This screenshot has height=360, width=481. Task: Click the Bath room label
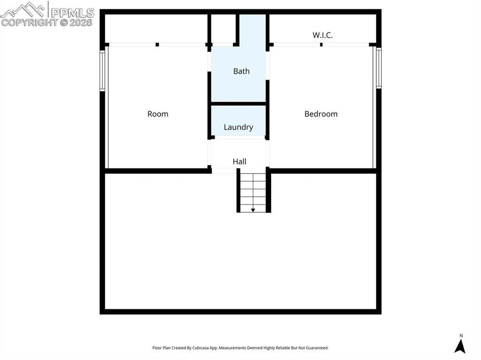(241, 71)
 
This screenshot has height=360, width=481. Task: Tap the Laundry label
(238, 127)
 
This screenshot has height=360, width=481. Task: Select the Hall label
(239, 161)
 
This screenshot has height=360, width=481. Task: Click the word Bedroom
(321, 114)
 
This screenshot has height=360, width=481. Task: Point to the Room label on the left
(158, 114)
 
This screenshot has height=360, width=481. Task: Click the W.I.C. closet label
(323, 35)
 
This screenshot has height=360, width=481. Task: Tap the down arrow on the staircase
(253, 210)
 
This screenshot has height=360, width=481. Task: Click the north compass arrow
(460, 346)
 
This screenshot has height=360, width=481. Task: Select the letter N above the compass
(461, 336)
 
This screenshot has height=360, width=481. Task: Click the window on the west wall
(102, 70)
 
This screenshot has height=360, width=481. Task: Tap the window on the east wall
(379, 69)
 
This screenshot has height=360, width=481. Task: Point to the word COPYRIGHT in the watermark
(29, 22)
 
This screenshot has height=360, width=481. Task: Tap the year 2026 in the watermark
(81, 22)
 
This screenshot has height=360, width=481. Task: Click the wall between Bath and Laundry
(239, 103)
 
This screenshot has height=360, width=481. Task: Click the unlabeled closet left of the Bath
(223, 29)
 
